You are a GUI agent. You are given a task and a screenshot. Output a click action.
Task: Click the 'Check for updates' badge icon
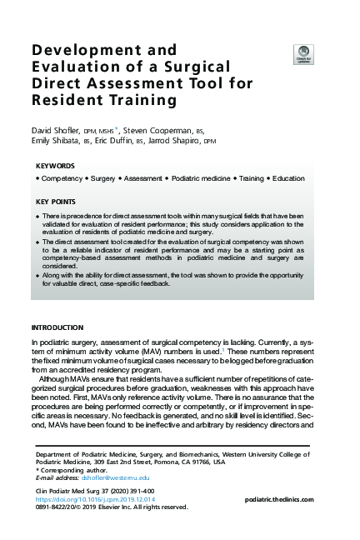pos(303,53)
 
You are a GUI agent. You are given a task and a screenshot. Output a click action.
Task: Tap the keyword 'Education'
pos(288,178)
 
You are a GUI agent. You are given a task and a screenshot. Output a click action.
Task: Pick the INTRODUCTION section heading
pos(57,327)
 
